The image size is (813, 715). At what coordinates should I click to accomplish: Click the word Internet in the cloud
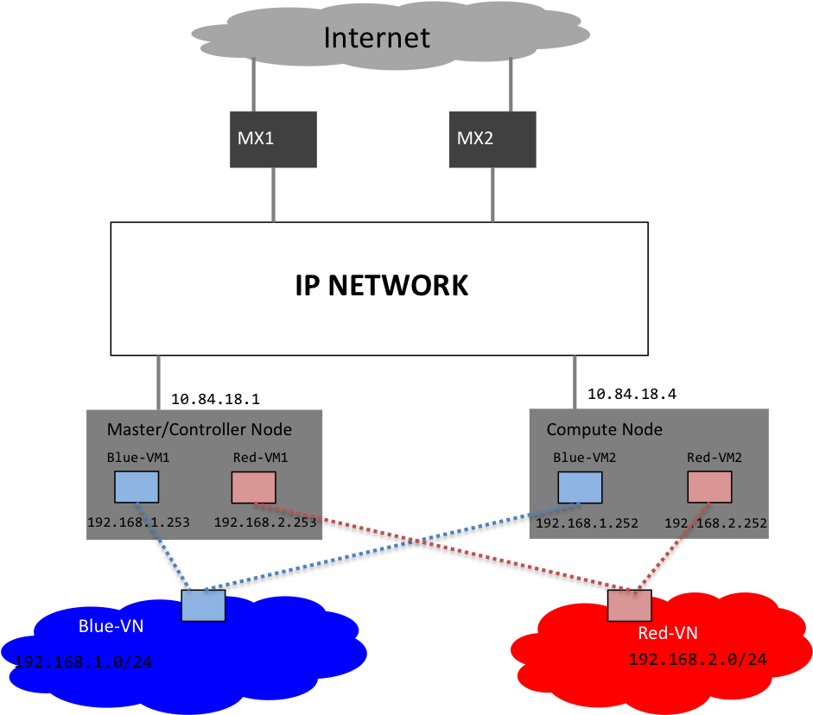tap(376, 38)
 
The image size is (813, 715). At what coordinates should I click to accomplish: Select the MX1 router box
tap(273, 139)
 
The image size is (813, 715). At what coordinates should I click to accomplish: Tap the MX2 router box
tap(492, 139)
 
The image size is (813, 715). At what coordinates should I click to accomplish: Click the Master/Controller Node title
tap(199, 429)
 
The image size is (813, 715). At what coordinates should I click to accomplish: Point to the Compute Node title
tap(604, 429)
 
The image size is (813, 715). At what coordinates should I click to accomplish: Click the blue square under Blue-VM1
tap(137, 487)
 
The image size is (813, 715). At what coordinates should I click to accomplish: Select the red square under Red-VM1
tap(253, 487)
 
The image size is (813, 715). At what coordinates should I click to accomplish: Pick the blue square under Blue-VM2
tap(580, 487)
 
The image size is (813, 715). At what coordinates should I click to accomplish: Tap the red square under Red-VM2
tap(709, 487)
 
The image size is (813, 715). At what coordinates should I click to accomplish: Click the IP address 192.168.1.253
tap(138, 522)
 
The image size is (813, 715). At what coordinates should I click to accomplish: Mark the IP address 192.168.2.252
tap(715, 523)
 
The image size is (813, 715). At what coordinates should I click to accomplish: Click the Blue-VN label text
tap(111, 625)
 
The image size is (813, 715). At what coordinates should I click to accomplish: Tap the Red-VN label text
tap(667, 634)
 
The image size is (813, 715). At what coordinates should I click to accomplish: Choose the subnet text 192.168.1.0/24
tap(83, 663)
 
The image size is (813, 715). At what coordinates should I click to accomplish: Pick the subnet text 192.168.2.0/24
tap(697, 660)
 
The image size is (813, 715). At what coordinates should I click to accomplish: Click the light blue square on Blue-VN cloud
tap(203, 605)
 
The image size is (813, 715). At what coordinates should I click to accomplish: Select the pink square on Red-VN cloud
tap(629, 605)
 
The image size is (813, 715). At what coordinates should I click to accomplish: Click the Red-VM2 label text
tap(714, 458)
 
